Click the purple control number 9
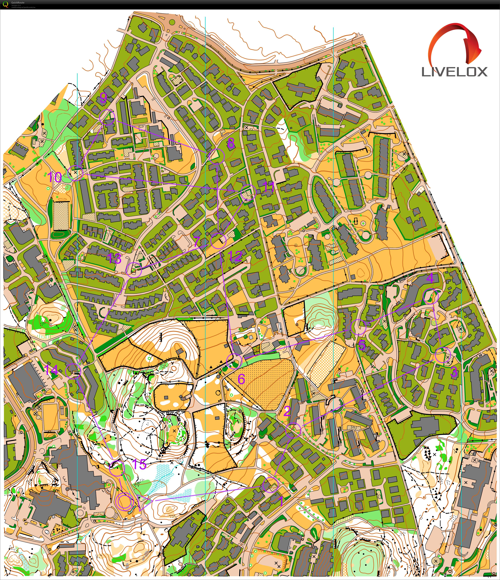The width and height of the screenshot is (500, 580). (x=103, y=98)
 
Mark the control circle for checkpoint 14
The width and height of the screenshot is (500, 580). (x=73, y=371)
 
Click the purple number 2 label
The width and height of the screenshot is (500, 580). (x=287, y=412)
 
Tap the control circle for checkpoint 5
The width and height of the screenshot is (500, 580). (x=358, y=327)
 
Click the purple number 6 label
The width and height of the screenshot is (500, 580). (x=241, y=379)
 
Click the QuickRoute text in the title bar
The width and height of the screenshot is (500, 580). (x=18, y=2)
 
